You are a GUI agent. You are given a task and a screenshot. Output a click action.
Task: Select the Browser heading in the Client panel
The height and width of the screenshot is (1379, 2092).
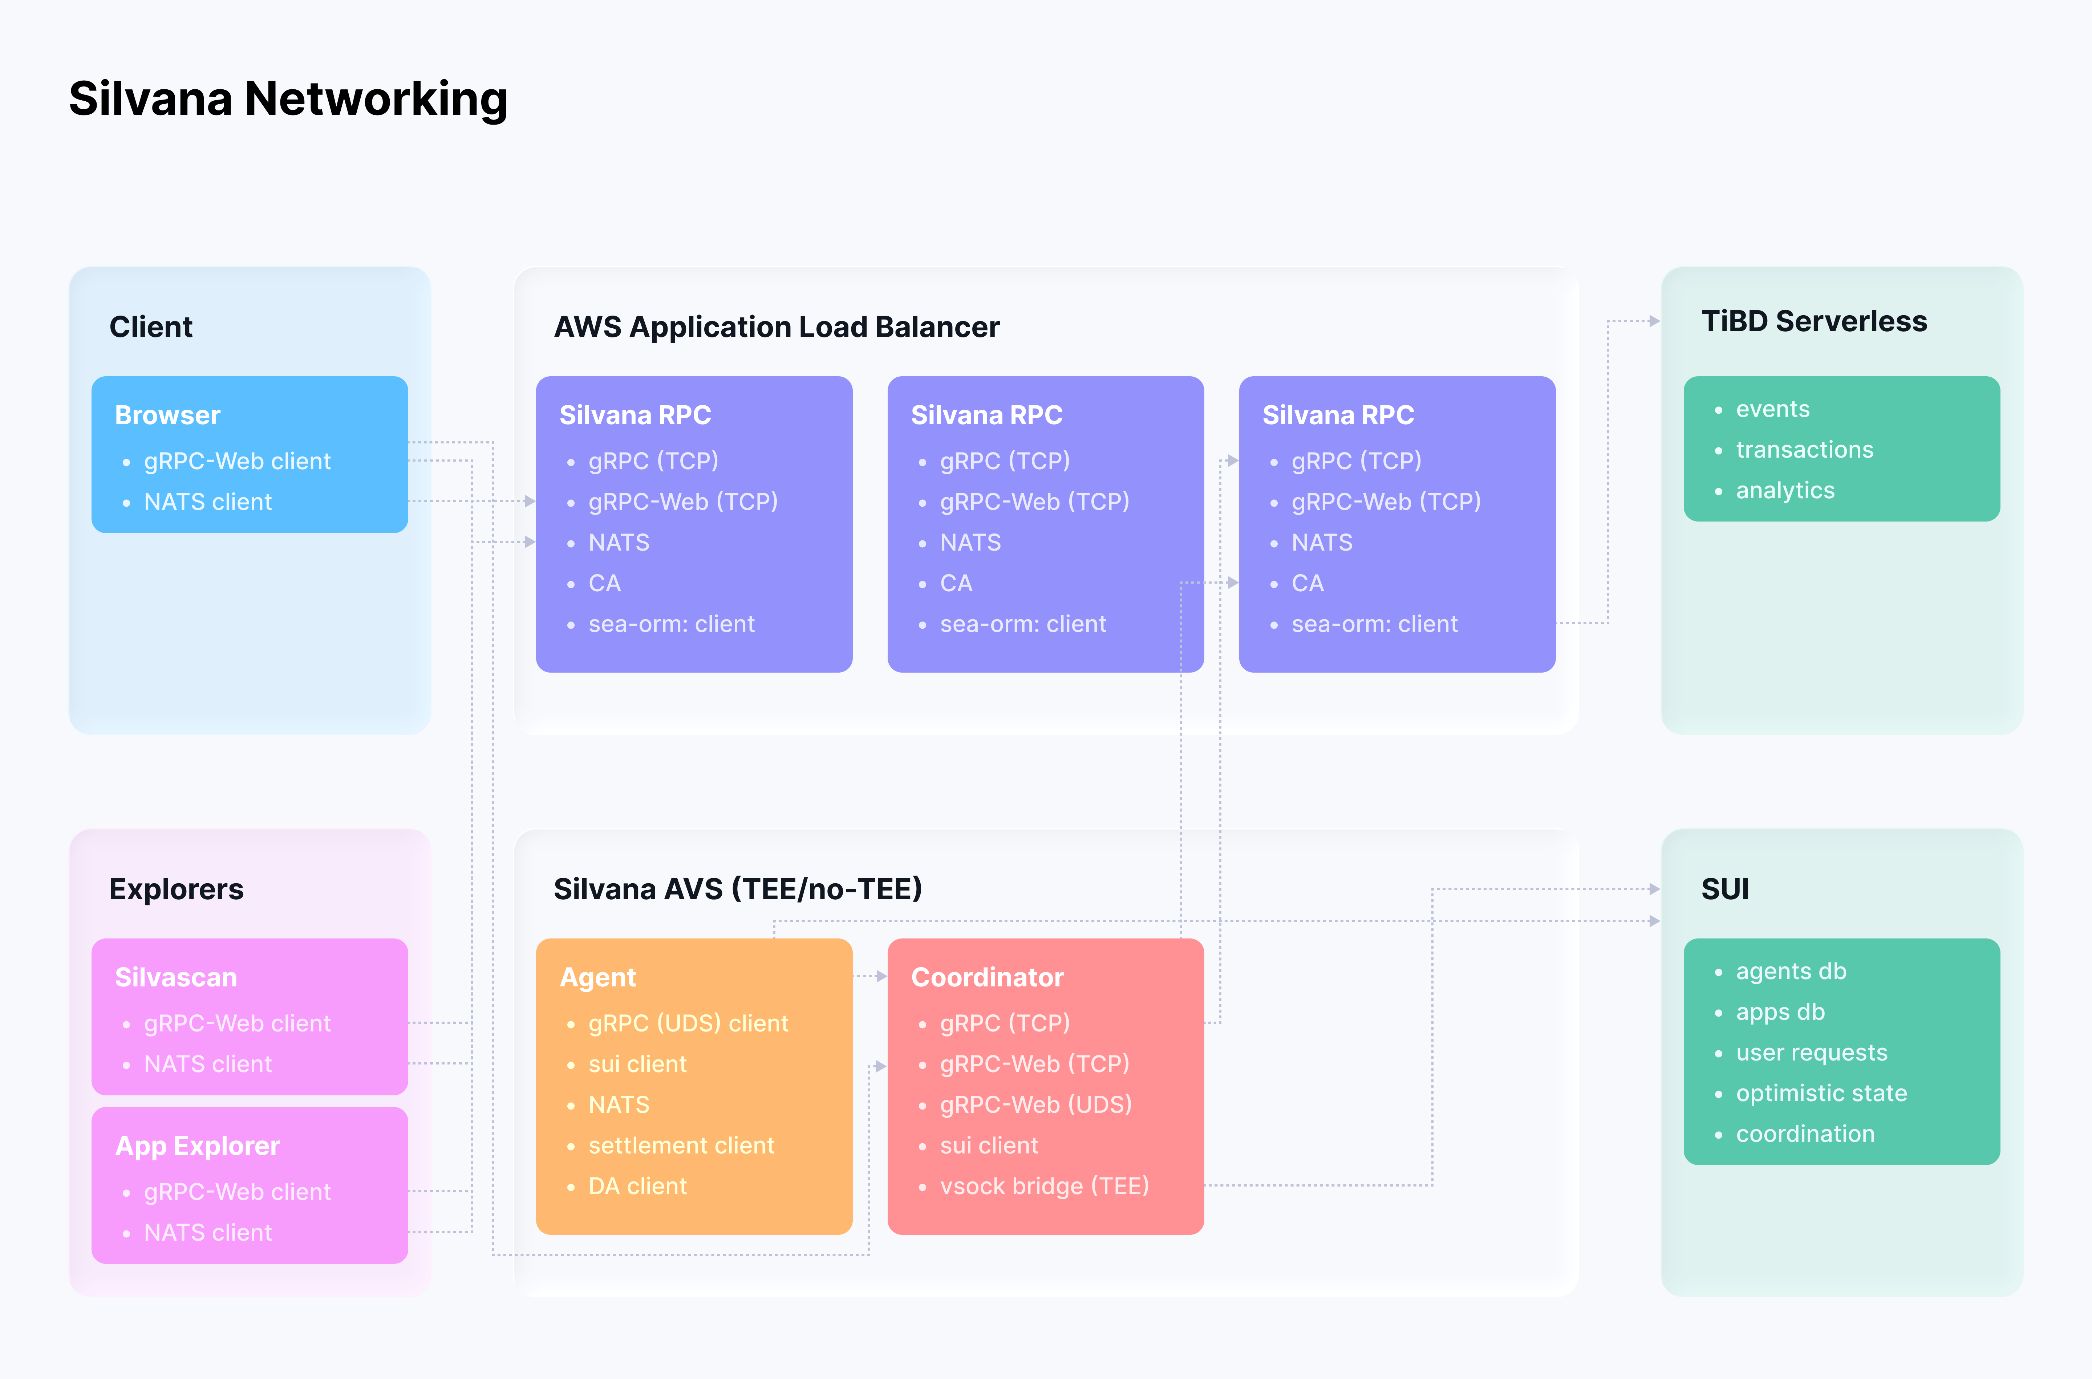(x=167, y=415)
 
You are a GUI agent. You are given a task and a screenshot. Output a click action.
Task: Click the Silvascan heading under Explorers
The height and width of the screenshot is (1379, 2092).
(x=176, y=977)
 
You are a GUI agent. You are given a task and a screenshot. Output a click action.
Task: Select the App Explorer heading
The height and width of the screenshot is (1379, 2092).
(x=197, y=1146)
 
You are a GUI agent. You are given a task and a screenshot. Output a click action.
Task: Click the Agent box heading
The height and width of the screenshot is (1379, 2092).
(x=598, y=977)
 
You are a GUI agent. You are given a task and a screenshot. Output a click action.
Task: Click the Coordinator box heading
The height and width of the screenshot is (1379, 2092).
(x=987, y=977)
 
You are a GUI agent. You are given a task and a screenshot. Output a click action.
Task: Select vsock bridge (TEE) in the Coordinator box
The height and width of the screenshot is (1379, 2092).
(x=1044, y=1187)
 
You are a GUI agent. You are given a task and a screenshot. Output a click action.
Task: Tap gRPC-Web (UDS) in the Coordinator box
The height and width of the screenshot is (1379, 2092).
(x=1035, y=1104)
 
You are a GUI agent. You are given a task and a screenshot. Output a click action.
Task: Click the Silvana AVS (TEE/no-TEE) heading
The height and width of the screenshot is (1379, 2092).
(x=737, y=889)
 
